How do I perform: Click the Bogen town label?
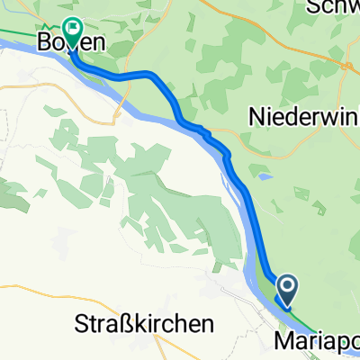(70, 41)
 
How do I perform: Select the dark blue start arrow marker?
(287, 290)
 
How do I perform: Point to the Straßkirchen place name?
(145, 323)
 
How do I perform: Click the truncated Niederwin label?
(301, 116)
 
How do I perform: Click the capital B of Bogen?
(44, 42)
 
